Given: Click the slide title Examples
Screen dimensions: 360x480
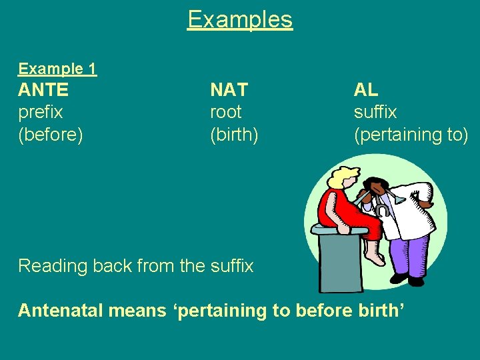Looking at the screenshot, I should pyautogui.click(x=240, y=19).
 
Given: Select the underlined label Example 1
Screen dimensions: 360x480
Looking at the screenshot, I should pyautogui.click(x=57, y=69).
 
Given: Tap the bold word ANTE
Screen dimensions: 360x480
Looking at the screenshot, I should pyautogui.click(x=43, y=90).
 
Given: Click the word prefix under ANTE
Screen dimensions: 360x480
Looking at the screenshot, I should pyautogui.click(x=41, y=112).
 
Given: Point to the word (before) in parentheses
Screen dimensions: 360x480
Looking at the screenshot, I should pyautogui.click(x=51, y=135).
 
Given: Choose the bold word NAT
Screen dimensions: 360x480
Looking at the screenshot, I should pyautogui.click(x=229, y=90).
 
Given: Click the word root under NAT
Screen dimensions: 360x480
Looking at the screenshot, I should pyautogui.click(x=226, y=112).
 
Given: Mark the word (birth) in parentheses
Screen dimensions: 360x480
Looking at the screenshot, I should pyautogui.click(x=234, y=135).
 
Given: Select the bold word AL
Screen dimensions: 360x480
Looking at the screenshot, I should pyautogui.click(x=366, y=90).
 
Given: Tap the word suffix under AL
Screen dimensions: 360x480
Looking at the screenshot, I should pyautogui.click(x=375, y=112).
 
